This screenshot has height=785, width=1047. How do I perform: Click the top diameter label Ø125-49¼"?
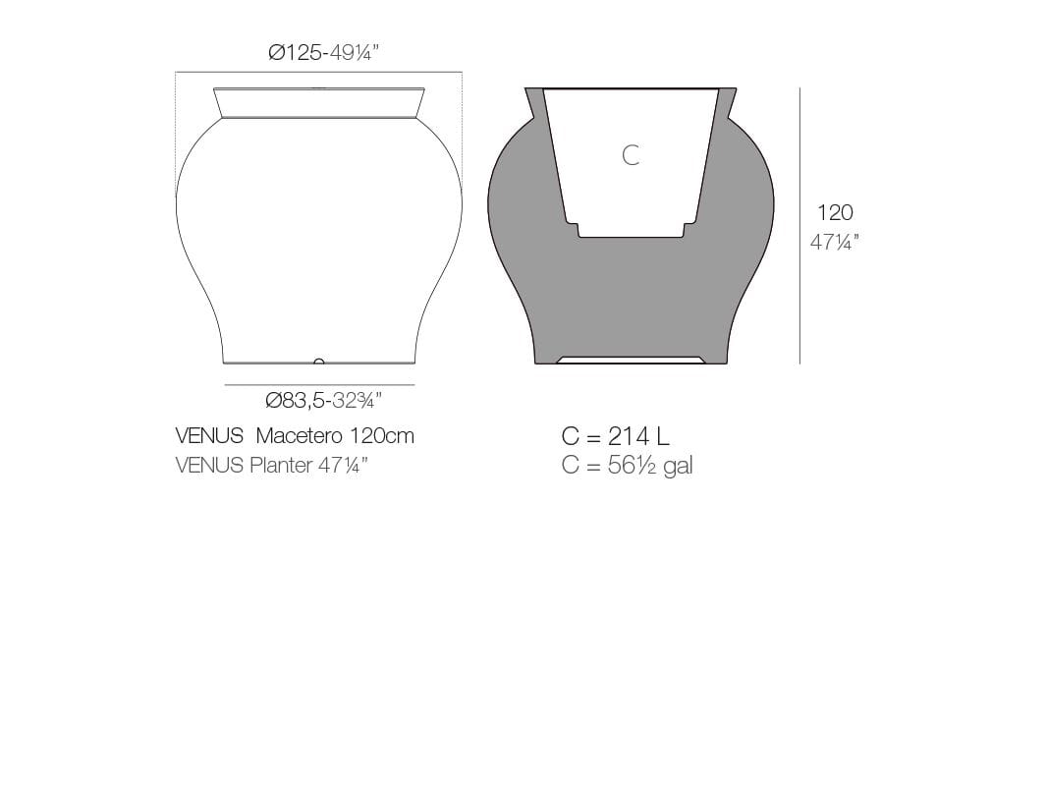pos(323,52)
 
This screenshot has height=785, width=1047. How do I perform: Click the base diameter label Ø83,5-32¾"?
pos(323,400)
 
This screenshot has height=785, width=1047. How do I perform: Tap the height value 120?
pos(835,212)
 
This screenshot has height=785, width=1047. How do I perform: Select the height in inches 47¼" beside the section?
pos(835,242)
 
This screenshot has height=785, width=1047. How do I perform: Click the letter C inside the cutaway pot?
pos(631,155)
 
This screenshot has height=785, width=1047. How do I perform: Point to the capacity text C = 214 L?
pos(615,436)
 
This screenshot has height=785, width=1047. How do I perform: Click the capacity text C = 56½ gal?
pos(627,466)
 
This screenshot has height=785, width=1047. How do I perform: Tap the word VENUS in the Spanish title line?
pos(208,436)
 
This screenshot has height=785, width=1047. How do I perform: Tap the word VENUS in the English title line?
pos(208,466)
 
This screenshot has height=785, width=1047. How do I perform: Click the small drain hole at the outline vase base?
pos(318,362)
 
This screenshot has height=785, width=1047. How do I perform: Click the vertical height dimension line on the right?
pos(799,226)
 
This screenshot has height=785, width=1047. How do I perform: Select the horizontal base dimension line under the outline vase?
pos(319,385)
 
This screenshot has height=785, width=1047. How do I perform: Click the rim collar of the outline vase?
pos(319,103)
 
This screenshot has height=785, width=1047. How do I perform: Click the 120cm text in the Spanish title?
pos(382,436)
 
